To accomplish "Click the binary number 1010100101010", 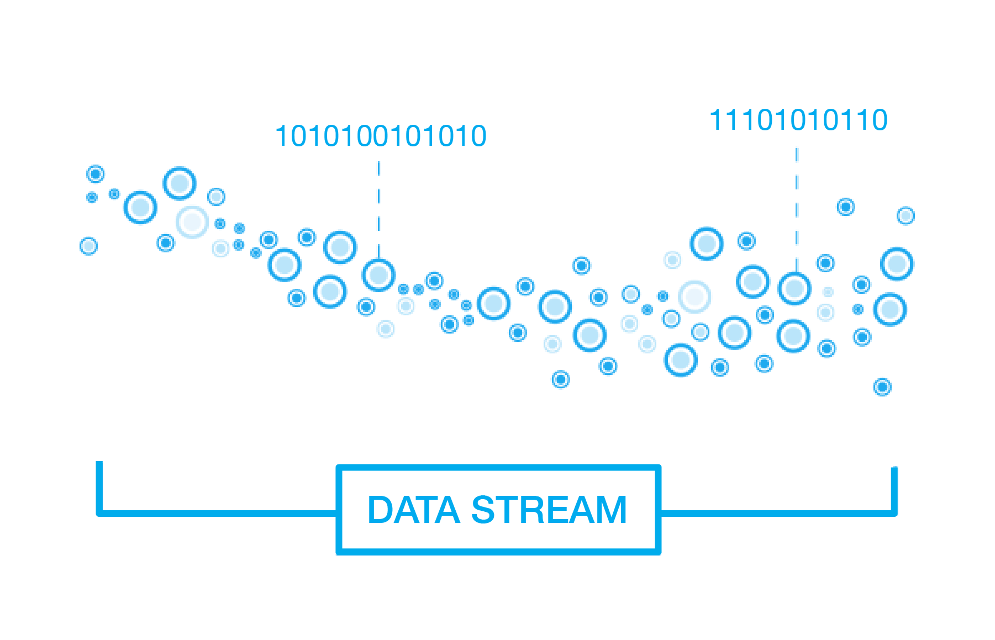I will tap(381, 136).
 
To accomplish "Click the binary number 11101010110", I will tap(798, 120).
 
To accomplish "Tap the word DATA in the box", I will tap(413, 510).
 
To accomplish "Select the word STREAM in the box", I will tap(549, 510).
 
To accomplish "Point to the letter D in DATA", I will tap(380, 510).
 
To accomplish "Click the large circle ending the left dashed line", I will tap(378, 275).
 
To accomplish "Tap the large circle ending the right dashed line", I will tap(794, 288).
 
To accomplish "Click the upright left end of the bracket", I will tap(99, 486).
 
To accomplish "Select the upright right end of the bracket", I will tap(894, 489).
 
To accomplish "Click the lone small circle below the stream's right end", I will tap(882, 387).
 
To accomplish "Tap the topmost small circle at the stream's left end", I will tap(96, 174).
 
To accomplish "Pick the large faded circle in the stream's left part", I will tap(192, 222).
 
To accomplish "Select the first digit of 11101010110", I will tap(715, 120).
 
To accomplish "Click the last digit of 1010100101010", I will tap(478, 136).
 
